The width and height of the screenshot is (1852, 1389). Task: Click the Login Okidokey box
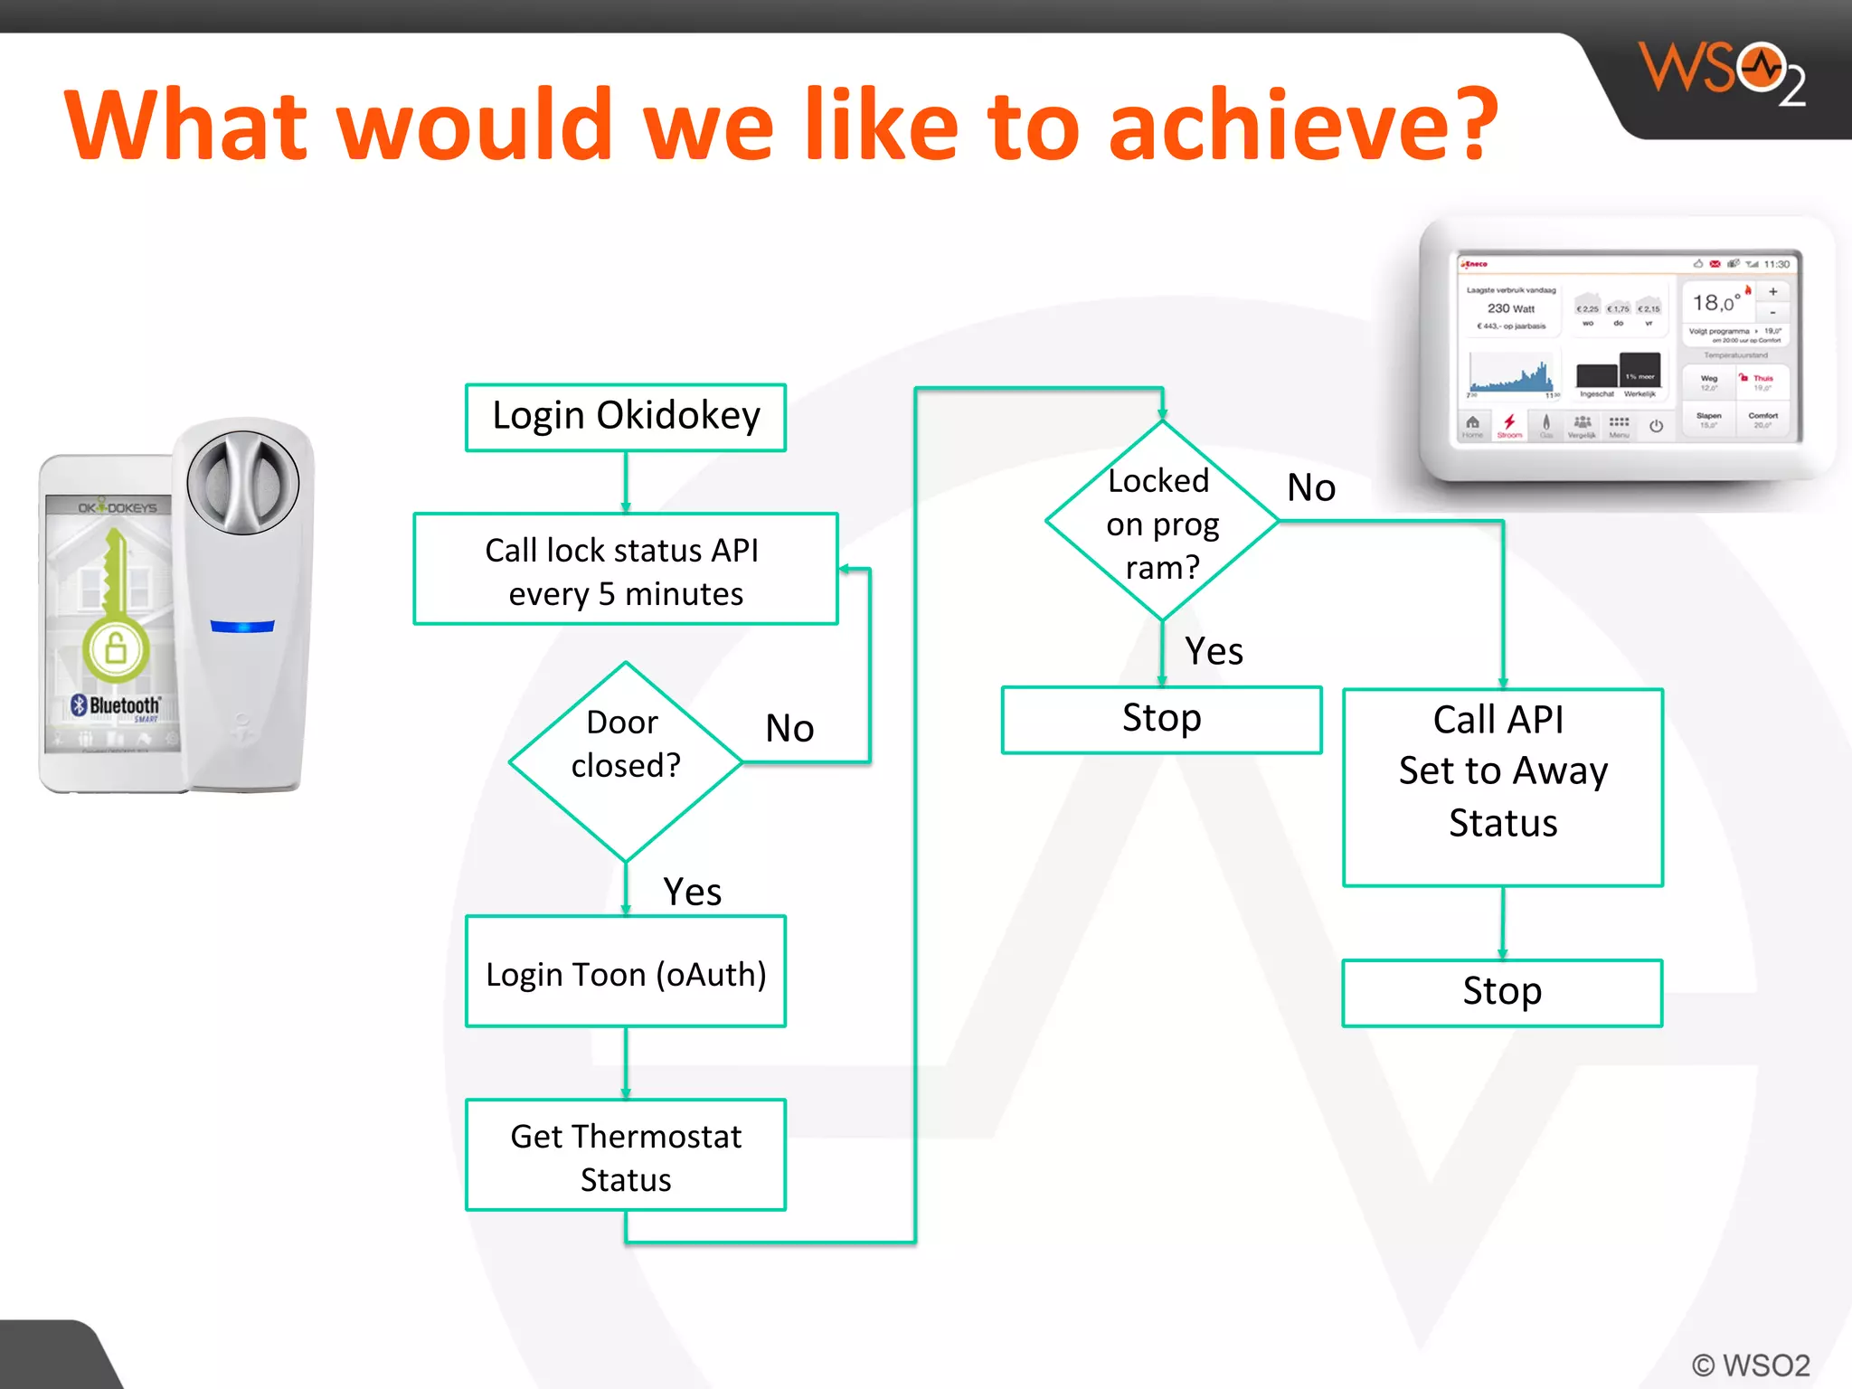[x=626, y=417]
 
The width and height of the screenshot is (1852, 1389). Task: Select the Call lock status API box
[x=626, y=570]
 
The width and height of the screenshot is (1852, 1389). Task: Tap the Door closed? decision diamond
[x=626, y=761]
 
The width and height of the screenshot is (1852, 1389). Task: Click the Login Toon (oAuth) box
[x=626, y=973]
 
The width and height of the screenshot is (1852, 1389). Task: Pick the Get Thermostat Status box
[x=626, y=1156]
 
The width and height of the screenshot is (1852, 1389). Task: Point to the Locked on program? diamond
[x=1162, y=522]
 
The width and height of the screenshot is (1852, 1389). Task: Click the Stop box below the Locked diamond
[x=1162, y=719]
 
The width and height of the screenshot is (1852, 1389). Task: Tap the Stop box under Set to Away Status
[x=1503, y=992]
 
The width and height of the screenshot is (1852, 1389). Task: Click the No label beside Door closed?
[x=789, y=728]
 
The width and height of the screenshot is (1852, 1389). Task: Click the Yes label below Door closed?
[x=692, y=892]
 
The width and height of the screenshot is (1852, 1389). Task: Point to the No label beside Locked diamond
[x=1311, y=487]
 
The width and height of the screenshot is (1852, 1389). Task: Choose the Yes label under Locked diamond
[x=1214, y=651]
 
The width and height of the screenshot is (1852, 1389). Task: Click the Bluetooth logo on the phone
[x=116, y=705]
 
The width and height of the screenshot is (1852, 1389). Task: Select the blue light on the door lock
[x=242, y=626]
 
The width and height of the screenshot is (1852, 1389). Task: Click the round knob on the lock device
[x=242, y=482]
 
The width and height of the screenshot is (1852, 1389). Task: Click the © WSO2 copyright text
[x=1751, y=1365]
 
